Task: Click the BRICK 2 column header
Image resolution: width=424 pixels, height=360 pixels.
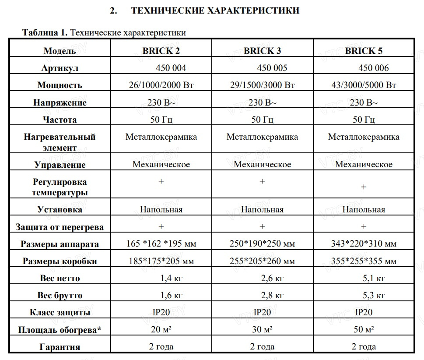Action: click(161, 51)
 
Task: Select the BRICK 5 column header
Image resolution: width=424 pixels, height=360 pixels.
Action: click(364, 51)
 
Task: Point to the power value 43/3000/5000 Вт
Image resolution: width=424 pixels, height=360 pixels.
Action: click(364, 85)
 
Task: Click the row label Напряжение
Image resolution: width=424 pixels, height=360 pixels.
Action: click(60, 103)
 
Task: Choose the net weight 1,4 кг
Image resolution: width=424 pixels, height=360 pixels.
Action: click(172, 278)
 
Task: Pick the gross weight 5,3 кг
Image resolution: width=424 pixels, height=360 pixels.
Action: click(374, 295)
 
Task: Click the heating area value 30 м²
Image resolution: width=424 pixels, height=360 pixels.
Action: click(262, 329)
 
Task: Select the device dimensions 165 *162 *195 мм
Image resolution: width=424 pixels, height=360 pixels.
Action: click(161, 244)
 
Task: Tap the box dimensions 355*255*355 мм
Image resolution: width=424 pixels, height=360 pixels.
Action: click(364, 261)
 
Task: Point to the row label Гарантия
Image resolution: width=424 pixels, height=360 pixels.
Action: click(60, 347)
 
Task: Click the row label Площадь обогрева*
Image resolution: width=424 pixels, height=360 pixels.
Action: click(60, 330)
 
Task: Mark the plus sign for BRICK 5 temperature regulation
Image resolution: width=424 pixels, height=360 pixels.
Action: click(364, 187)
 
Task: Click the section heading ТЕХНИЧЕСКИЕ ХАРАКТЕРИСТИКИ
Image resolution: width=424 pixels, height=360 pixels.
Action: click(215, 11)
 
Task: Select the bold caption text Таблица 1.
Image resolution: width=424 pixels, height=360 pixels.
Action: click(45, 33)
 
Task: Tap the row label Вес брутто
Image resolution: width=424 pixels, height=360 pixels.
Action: click(60, 295)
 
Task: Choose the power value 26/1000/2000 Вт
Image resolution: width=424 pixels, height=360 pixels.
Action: click(161, 85)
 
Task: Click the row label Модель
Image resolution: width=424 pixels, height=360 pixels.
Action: click(60, 51)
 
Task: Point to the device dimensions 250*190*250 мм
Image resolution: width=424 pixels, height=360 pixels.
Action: click(262, 244)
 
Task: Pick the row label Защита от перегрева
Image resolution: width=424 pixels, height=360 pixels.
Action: click(60, 227)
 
